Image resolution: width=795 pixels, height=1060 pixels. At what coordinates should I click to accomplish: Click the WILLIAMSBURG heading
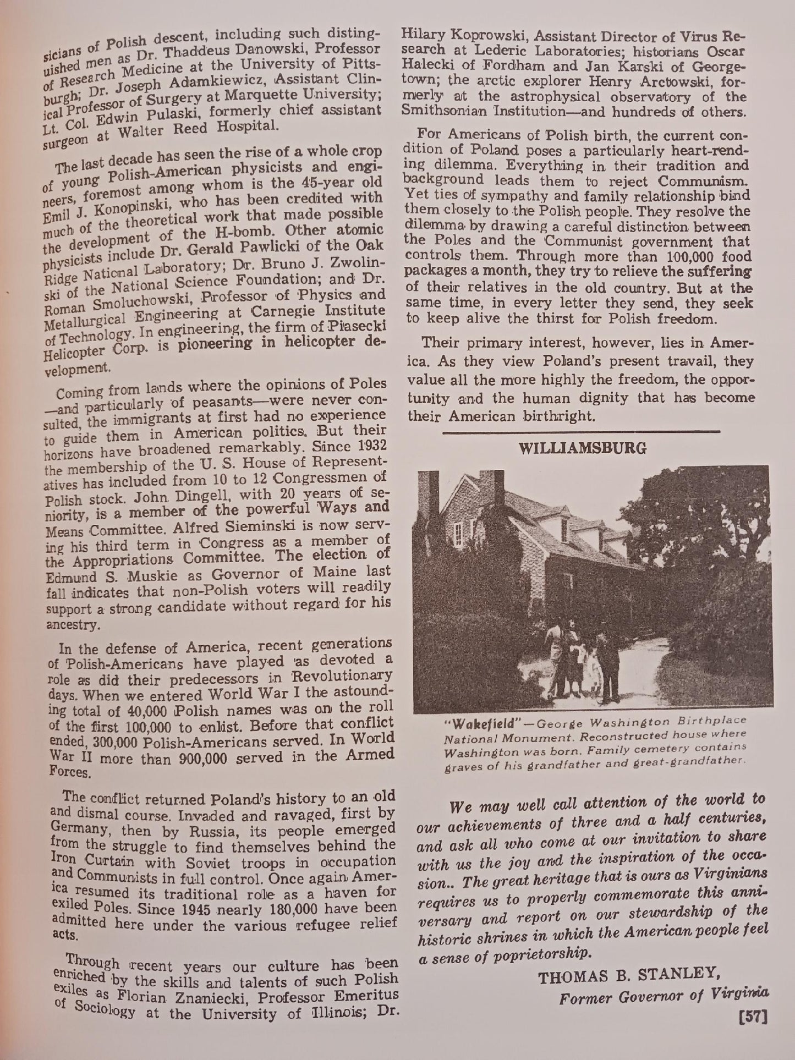tap(583, 448)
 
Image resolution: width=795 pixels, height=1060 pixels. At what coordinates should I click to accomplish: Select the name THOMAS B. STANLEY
tap(628, 977)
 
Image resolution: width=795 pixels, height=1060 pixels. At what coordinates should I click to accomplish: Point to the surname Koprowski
tap(483, 37)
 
